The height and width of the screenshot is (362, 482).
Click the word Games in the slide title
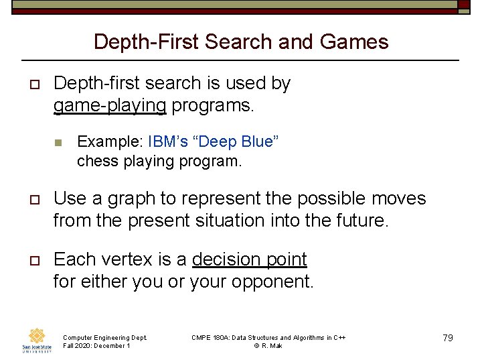354,42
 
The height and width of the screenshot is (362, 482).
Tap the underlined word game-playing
110,106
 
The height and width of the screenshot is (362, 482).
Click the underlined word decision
224,260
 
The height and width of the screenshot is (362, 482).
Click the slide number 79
448,338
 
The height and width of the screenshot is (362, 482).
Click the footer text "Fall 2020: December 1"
96,346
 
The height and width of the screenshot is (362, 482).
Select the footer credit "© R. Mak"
268,346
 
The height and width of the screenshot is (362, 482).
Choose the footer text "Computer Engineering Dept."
104,337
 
